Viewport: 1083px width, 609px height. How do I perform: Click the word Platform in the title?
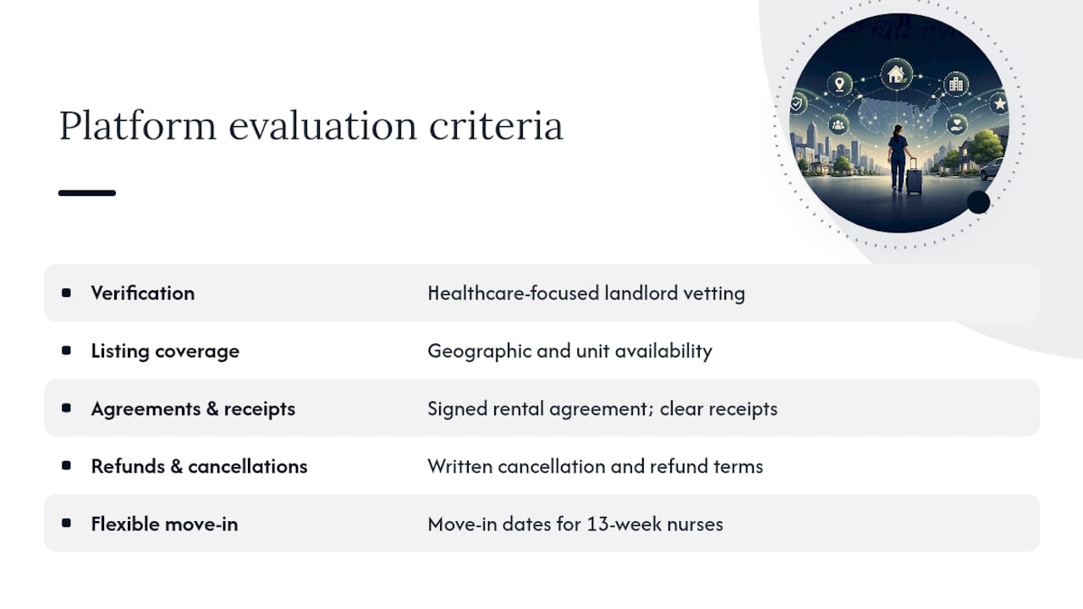[138, 126]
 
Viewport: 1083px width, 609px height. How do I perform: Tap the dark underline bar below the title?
[87, 193]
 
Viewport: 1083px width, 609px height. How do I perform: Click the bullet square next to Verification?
[66, 293]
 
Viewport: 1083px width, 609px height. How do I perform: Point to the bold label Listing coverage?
[165, 351]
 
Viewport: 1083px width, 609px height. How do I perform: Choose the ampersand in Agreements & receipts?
[212, 409]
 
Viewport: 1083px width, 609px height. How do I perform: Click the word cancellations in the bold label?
[248, 466]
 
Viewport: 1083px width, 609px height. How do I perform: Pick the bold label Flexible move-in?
[164, 524]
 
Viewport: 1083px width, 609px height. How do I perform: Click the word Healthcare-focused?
[514, 293]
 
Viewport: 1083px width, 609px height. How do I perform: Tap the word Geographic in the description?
[479, 351]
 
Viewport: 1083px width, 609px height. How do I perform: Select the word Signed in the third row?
[458, 409]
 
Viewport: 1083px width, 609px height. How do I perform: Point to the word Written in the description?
[459, 466]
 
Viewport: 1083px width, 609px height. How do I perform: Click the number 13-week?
[624, 524]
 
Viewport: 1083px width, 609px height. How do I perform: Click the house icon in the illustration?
[896, 74]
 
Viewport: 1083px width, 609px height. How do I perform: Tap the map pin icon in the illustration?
[840, 84]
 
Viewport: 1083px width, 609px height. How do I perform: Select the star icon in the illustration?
[999, 103]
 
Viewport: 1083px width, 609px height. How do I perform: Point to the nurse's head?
[898, 130]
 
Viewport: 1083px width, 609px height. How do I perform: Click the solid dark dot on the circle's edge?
[979, 202]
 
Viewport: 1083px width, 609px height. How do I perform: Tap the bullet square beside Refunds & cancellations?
[66, 465]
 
